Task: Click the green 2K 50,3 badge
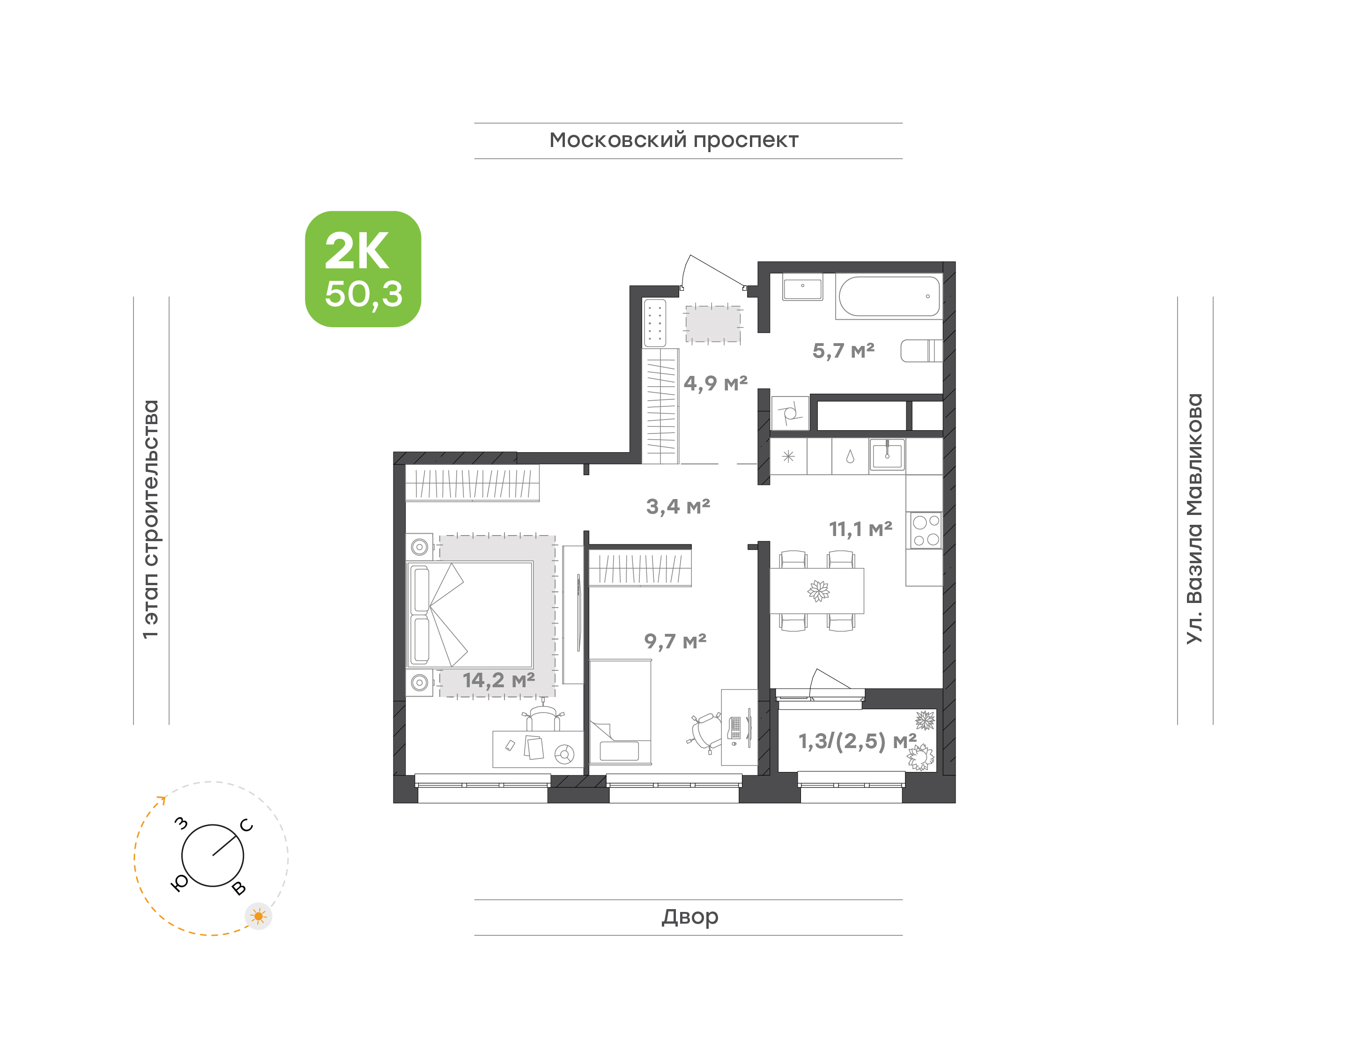coord(363,269)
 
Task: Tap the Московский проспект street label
coord(674,140)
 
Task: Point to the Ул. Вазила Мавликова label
coord(1194,519)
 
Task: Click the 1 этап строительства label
coord(150,519)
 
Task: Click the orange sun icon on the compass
coord(259,916)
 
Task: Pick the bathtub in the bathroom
coord(889,297)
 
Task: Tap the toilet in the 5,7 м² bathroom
coord(921,351)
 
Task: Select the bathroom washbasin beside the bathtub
coord(802,287)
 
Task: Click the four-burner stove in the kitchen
coord(925,530)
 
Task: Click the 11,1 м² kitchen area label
coord(861,529)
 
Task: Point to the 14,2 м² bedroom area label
coord(499,680)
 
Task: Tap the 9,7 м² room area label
coord(675,641)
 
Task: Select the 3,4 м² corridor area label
coord(678,507)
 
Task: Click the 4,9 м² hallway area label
coord(716,383)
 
